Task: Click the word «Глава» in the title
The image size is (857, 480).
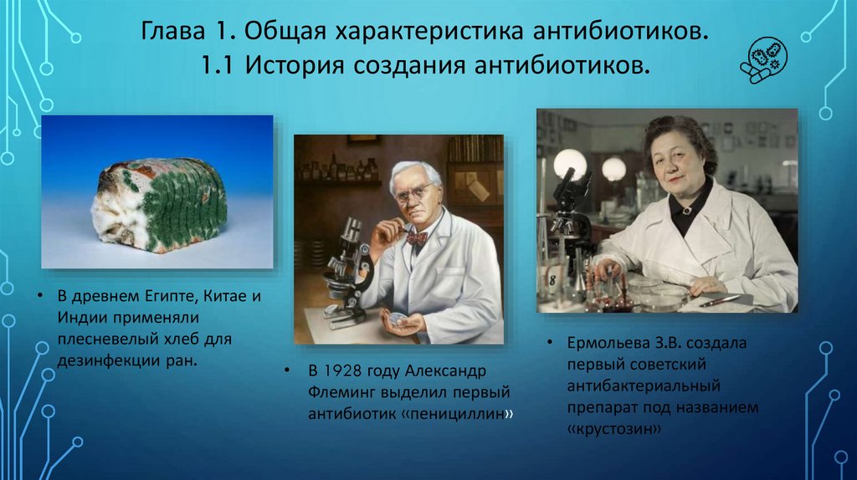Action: [x=172, y=32]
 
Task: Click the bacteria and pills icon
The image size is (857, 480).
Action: [x=763, y=60]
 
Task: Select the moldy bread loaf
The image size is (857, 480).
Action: [x=158, y=206]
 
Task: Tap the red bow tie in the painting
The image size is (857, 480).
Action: [x=417, y=238]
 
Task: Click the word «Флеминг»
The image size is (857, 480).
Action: [x=342, y=393]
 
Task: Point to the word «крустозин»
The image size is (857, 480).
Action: [x=614, y=429]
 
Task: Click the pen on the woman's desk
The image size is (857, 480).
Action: [x=720, y=300]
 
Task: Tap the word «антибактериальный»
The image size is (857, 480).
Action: [x=644, y=386]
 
